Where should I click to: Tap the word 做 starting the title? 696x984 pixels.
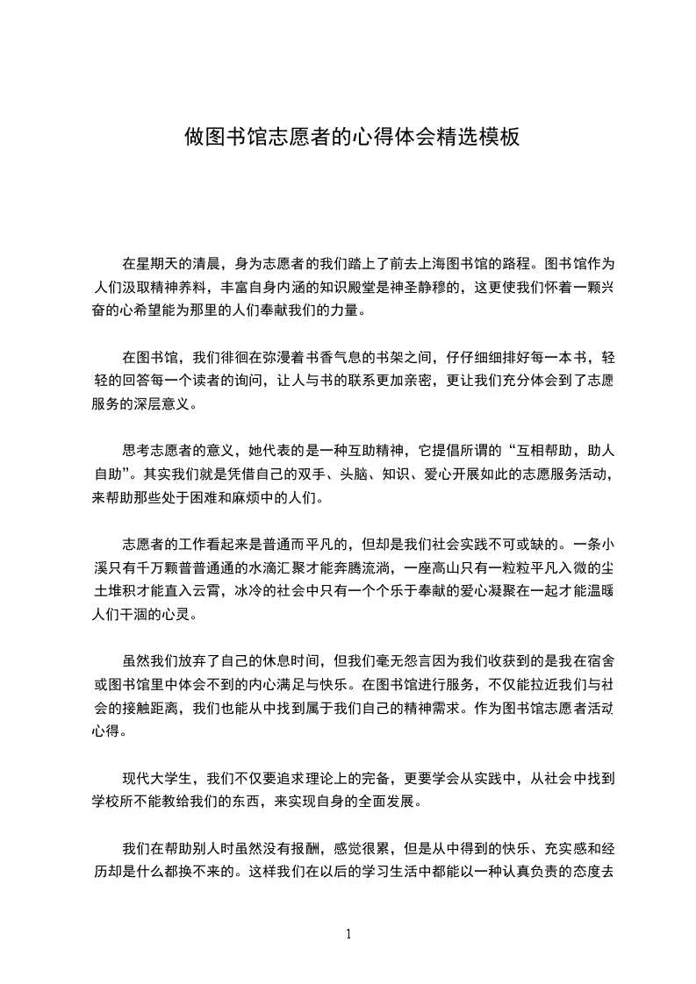[193, 137]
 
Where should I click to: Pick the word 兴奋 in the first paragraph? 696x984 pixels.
[606, 287]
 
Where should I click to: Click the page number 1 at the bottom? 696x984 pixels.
[348, 934]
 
